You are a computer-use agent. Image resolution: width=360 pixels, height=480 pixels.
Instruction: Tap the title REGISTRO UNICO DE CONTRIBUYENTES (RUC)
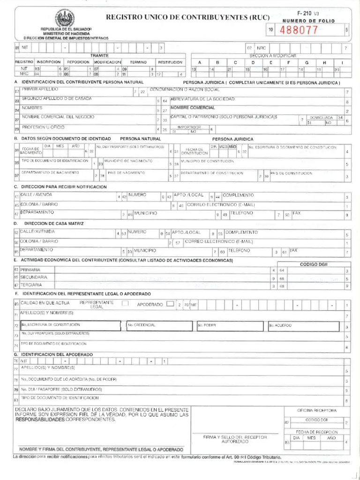(188, 17)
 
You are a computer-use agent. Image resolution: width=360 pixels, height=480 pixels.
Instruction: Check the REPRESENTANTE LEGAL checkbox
(125, 303)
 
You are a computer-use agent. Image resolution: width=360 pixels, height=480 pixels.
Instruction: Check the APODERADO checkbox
(170, 304)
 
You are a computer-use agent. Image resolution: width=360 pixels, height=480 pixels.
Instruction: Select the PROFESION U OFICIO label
(43, 127)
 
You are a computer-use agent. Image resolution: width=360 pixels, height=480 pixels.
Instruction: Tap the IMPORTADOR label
(189, 127)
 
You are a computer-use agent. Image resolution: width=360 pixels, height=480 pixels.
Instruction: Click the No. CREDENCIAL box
(158, 325)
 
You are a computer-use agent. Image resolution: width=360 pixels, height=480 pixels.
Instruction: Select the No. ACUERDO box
(303, 325)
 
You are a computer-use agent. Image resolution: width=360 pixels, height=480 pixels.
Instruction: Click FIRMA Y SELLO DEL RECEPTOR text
(235, 436)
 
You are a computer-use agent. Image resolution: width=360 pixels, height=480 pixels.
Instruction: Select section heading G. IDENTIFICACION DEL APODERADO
(56, 354)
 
